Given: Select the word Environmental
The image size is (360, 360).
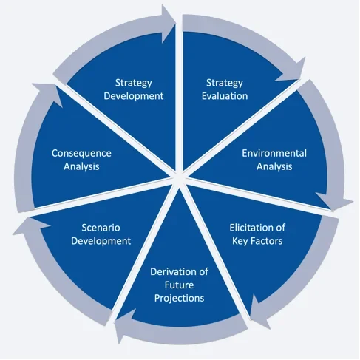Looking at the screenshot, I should [274, 154].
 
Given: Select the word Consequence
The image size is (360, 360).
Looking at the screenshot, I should [81, 154].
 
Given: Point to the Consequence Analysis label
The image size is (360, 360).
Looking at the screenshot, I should [81, 160].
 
